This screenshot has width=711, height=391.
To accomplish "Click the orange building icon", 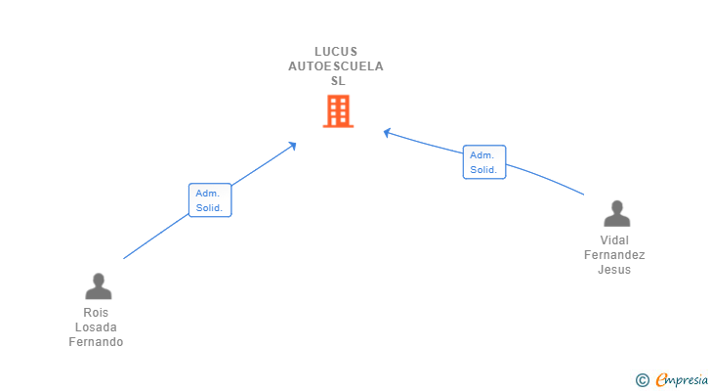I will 338,111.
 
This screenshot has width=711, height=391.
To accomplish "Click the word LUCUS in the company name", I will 336,52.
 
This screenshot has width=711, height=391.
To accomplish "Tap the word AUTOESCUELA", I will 336,66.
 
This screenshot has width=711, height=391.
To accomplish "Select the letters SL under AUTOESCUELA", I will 338,81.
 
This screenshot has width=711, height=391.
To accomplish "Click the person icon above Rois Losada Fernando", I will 98,286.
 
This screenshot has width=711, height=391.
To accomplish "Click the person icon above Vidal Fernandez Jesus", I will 616,214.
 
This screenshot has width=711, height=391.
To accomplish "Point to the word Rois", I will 96,313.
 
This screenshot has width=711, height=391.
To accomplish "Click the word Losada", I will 96,327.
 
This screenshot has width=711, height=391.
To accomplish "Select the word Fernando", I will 96,342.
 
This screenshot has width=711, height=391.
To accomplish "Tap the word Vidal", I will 614,240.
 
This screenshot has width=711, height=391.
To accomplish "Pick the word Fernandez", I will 614,255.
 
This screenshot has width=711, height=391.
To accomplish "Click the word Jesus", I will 614,270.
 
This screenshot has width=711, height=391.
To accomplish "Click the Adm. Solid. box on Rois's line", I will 210,199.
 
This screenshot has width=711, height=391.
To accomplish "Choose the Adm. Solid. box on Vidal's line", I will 484,162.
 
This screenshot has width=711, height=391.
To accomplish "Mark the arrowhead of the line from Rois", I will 293,146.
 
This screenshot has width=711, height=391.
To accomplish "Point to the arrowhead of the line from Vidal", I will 387,132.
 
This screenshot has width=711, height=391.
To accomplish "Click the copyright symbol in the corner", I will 642,380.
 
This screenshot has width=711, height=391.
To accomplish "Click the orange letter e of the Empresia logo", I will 661,380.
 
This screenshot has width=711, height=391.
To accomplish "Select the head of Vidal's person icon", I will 616,207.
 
